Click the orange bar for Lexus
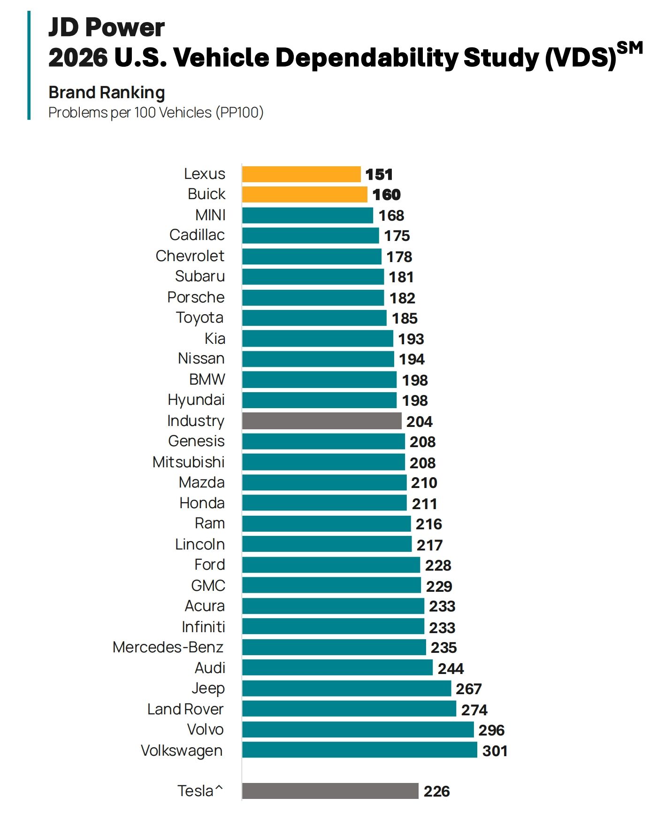pyautogui.click(x=301, y=174)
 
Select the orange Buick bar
pyautogui.click(x=305, y=194)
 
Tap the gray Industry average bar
pyautogui.click(x=321, y=421)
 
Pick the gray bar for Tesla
pyautogui.click(x=330, y=791)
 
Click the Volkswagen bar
pyautogui.click(x=359, y=750)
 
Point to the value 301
pyautogui.click(x=495, y=751)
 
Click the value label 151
pyautogui.click(x=379, y=175)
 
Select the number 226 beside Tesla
pyautogui.click(x=436, y=791)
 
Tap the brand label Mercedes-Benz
pyautogui.click(x=168, y=647)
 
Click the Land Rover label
pyautogui.click(x=185, y=709)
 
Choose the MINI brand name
pyautogui.click(x=210, y=215)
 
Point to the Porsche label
pyautogui.click(x=196, y=297)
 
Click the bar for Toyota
pyautogui.click(x=314, y=318)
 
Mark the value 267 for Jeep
pyautogui.click(x=468, y=689)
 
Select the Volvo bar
pyautogui.click(x=358, y=729)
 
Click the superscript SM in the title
pyautogui.click(x=629, y=48)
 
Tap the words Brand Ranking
pyautogui.click(x=107, y=93)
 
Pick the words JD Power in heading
pyautogui.click(x=107, y=27)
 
